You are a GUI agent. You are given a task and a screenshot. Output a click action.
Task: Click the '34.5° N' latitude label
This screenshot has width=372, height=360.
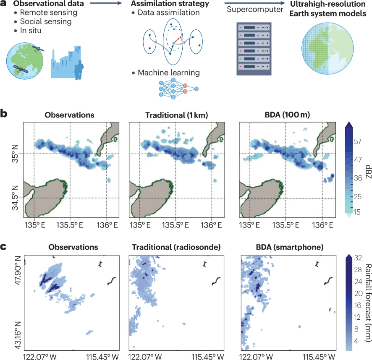click(x=15, y=199)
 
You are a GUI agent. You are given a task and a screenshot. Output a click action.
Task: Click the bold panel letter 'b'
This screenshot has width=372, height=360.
click(x=5, y=114)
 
